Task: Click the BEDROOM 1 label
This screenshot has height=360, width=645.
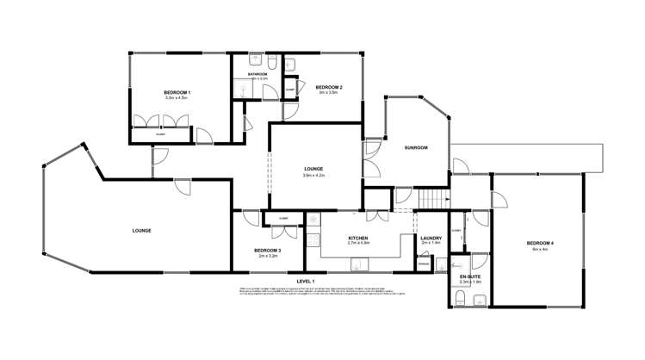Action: (177, 92)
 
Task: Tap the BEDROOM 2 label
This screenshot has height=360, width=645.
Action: (329, 88)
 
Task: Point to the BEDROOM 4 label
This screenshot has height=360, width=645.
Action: (540, 244)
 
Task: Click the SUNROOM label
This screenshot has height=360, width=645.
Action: (416, 147)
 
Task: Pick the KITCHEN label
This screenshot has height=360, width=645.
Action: (358, 238)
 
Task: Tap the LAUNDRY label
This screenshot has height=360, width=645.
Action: (431, 238)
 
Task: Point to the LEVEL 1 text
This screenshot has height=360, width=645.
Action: (306, 282)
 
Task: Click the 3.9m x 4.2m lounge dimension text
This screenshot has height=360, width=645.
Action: (313, 176)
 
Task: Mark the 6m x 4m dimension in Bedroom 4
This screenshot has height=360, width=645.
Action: (540, 250)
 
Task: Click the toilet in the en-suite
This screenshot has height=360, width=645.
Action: (462, 299)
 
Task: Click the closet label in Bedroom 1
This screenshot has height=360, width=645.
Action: (160, 134)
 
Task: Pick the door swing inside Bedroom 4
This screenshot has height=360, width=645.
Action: (497, 200)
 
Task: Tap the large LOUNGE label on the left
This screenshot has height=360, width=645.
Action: (142, 231)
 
